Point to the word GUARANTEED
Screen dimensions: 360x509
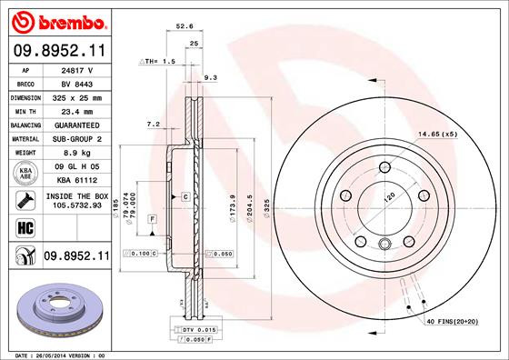[x=78, y=124]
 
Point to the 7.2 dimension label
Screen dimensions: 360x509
[x=153, y=123]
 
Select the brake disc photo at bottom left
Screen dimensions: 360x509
[x=58, y=309]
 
